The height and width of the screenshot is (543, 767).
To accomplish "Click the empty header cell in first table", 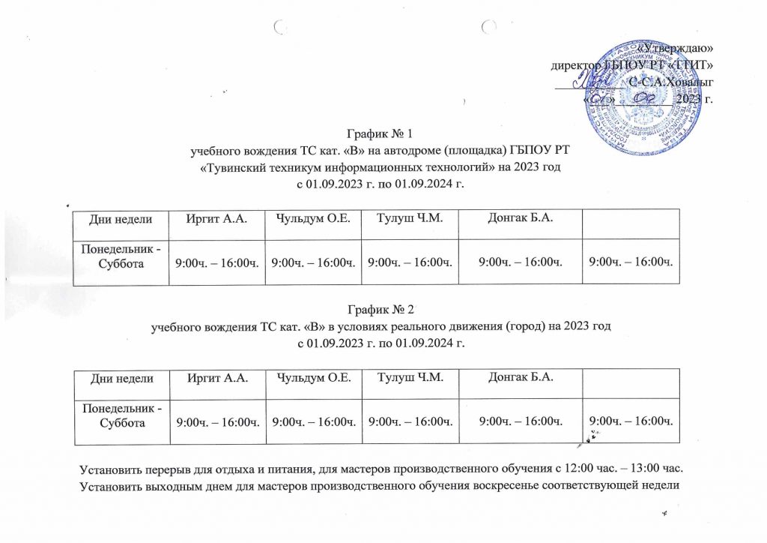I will click(x=632, y=219).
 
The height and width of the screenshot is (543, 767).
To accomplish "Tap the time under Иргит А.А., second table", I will click(x=218, y=423).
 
